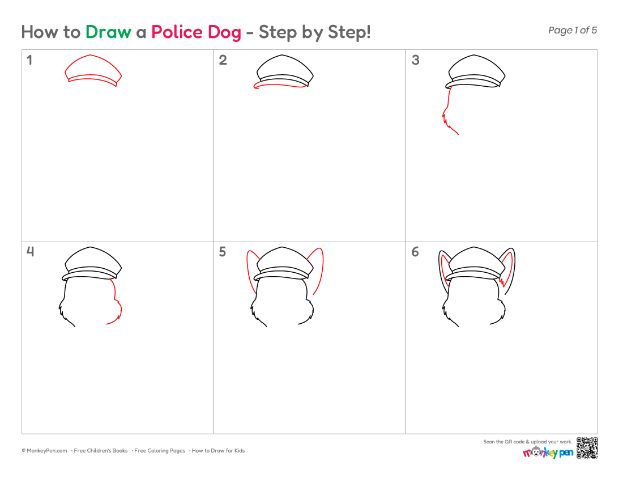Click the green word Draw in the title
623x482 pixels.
coord(108,32)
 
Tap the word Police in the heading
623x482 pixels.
coord(176,32)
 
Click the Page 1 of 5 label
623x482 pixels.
coord(573,30)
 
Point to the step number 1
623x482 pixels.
coord(29,60)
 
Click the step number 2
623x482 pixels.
coord(223,60)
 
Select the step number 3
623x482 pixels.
coord(415,60)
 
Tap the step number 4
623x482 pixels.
coord(30,251)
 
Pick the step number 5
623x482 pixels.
coord(223,252)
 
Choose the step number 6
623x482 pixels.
coord(415,252)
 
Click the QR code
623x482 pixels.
coord(587,448)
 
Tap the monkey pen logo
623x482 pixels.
coord(548,453)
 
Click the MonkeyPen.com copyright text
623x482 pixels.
coord(45,451)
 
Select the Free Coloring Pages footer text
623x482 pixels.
coord(159,451)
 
